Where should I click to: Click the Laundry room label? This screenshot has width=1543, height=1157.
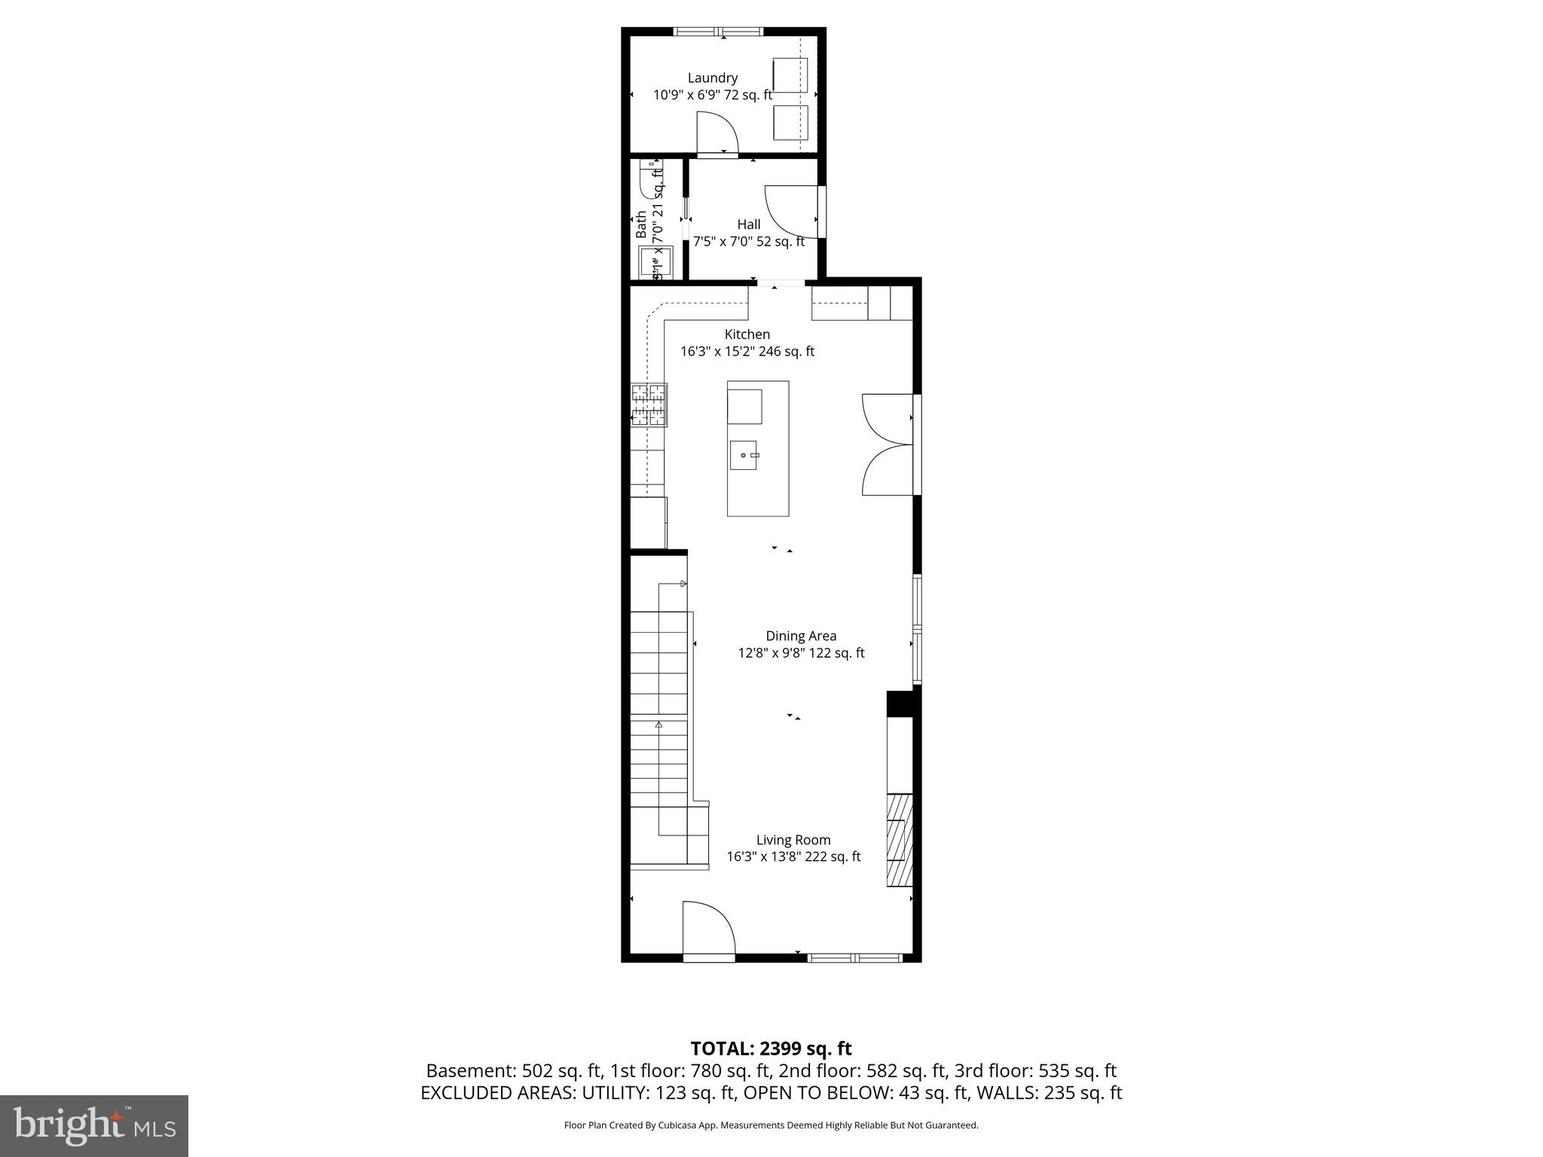[x=712, y=78]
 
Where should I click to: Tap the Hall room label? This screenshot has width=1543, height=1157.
[x=748, y=224]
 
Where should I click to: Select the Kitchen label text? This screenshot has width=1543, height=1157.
[x=747, y=334]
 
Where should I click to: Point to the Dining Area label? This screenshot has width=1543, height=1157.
[x=801, y=637]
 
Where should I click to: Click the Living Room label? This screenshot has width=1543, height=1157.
[x=793, y=840]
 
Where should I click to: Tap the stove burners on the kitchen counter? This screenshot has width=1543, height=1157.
[x=649, y=405]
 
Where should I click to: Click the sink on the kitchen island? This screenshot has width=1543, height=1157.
[x=743, y=455]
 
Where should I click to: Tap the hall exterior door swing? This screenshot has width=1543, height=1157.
[x=791, y=210]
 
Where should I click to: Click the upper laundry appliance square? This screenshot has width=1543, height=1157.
[x=790, y=75]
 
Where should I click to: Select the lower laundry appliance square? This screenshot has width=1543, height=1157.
[x=790, y=122]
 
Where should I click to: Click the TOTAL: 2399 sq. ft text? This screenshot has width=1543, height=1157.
[x=771, y=1049]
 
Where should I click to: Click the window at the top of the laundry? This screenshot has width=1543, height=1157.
[x=718, y=32]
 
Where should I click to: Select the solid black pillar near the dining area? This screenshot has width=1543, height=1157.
[x=900, y=704]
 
